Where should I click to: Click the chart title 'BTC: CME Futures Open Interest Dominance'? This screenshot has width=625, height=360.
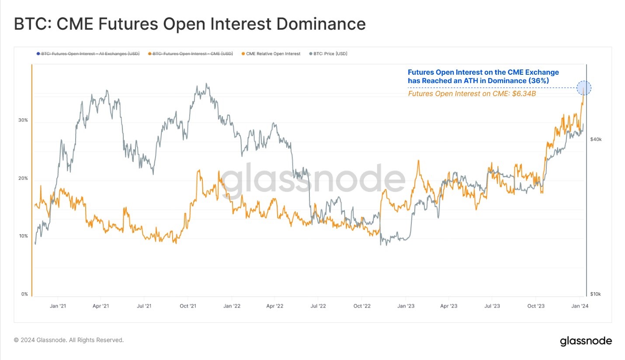pos(190,24)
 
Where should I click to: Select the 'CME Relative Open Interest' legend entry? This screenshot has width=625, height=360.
pos(273,54)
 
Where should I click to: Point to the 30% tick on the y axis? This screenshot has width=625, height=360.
pos(23,120)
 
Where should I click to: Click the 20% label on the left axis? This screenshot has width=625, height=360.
pos(23,178)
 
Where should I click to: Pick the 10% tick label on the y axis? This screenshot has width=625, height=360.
pos(23,236)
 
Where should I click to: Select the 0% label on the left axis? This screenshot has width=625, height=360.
pos(24,294)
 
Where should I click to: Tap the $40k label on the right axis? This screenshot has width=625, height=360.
pos(596,140)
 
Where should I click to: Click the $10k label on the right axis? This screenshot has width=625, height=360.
pos(596,294)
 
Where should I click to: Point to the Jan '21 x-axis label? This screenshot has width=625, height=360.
pos(58,306)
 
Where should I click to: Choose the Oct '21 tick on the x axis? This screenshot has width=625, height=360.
pos(187,306)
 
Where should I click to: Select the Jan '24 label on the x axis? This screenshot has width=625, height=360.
pos(580,306)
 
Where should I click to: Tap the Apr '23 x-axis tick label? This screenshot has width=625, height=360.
pos(448,306)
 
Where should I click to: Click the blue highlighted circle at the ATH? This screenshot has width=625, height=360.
pos(584,88)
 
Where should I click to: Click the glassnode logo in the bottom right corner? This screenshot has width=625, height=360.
pos(586,341)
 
